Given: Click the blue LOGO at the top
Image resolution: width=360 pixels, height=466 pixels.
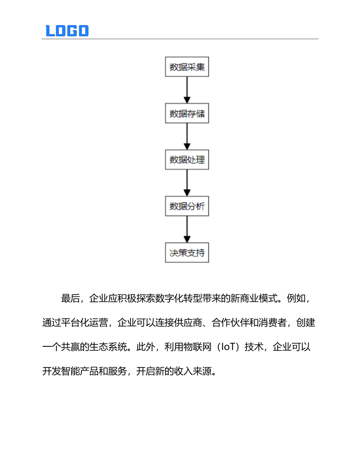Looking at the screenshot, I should [67, 31].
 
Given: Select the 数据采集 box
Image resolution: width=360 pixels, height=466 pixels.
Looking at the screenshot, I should [187, 67].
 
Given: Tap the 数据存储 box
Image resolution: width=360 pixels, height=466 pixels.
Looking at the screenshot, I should [187, 114].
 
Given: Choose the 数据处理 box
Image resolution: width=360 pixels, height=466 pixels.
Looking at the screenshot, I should [187, 160].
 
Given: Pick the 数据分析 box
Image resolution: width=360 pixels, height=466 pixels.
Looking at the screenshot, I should [187, 206].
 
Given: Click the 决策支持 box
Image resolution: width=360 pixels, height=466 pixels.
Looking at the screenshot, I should [187, 253].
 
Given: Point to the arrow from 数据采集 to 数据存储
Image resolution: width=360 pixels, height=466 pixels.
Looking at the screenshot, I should [187, 90].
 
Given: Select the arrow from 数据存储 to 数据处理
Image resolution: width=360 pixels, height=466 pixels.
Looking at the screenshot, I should [187, 137].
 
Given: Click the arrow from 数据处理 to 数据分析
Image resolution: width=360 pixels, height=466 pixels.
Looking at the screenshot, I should [187, 183].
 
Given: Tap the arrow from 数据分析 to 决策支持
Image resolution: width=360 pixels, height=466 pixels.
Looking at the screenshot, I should [187, 229].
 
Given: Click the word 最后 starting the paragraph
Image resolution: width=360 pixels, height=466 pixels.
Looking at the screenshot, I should [70, 299].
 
